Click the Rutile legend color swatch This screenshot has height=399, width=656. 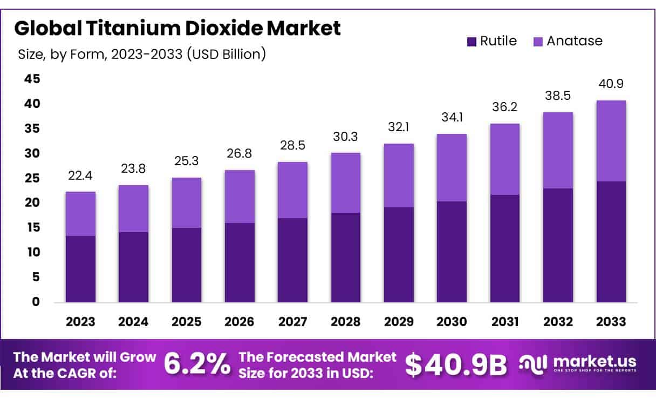(x=471, y=41)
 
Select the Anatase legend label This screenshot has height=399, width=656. (x=574, y=41)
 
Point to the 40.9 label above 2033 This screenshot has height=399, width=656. (x=611, y=84)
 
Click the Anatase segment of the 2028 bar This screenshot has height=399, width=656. (x=346, y=182)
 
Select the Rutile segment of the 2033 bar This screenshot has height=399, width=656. (x=611, y=242)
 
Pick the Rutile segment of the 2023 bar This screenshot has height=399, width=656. (x=80, y=269)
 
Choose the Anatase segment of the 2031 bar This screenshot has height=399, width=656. (x=504, y=159)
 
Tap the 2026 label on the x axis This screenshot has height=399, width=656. (x=240, y=322)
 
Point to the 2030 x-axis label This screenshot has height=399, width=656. (x=452, y=322)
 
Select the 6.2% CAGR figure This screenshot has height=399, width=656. (x=196, y=364)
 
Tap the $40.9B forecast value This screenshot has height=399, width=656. (x=456, y=365)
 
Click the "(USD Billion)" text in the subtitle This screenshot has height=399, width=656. (x=227, y=55)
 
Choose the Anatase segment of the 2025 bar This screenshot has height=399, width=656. (x=187, y=202)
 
